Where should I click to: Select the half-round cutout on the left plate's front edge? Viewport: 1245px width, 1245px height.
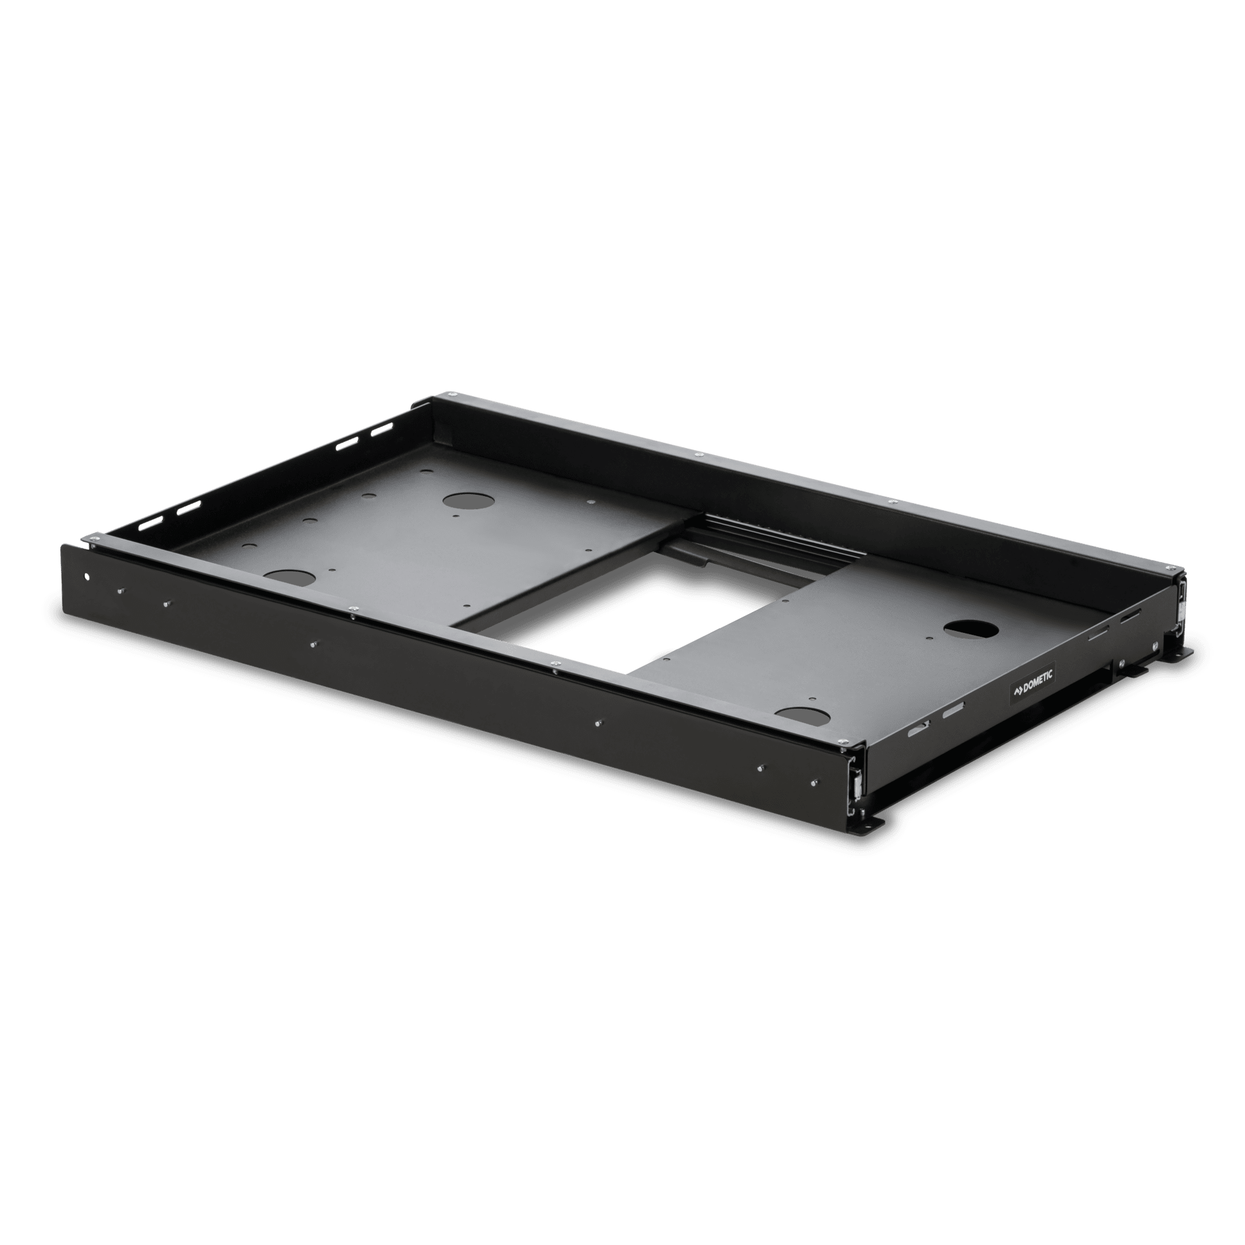click(290, 576)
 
